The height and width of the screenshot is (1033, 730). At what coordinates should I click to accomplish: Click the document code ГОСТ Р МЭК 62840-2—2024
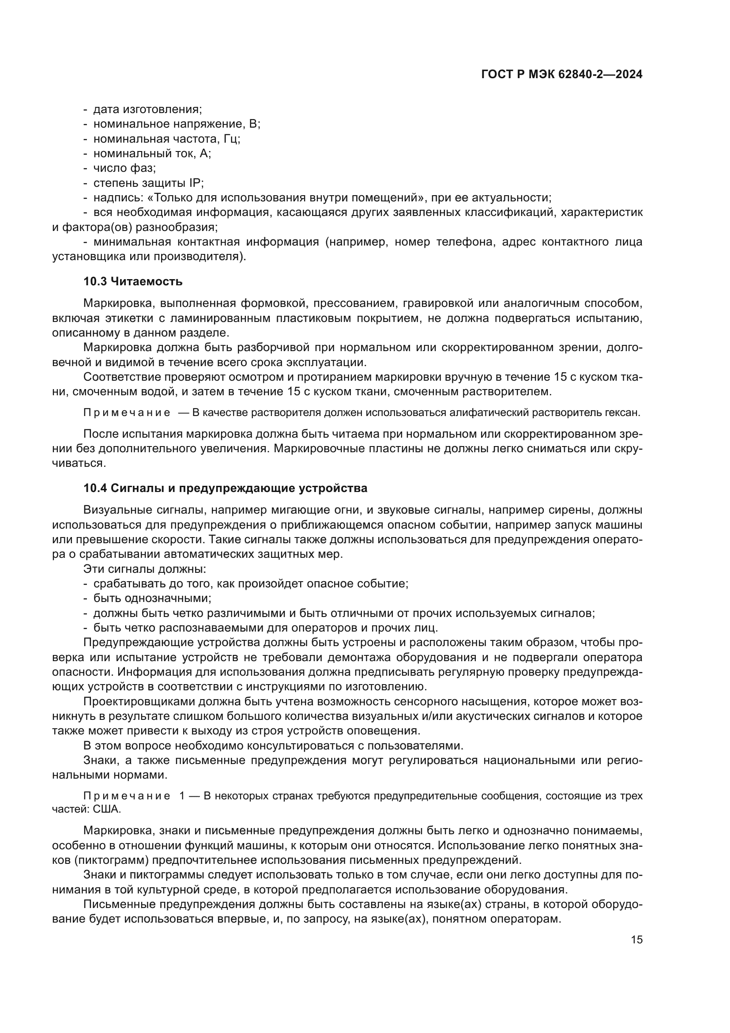561,75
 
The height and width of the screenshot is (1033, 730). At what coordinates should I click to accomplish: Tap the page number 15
636,939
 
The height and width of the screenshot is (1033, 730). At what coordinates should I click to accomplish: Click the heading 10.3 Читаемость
133,282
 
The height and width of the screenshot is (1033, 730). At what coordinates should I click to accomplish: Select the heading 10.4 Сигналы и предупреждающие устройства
225,488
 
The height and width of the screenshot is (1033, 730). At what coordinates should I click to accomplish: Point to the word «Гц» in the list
230,139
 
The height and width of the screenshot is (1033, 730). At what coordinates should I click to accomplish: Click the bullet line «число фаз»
124,168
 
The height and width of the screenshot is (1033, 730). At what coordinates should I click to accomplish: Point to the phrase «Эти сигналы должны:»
145,569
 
